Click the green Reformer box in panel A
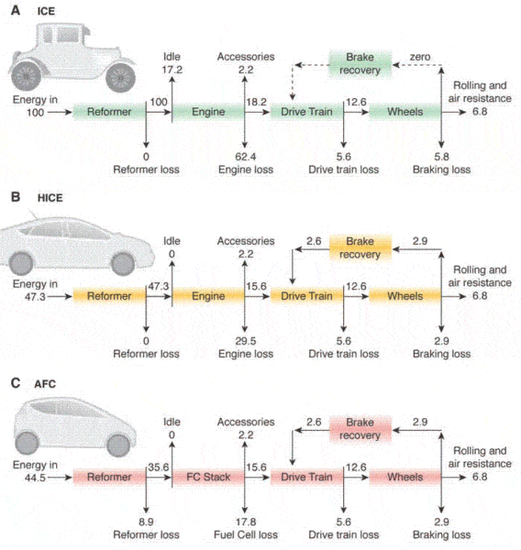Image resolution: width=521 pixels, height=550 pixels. (x=109, y=112)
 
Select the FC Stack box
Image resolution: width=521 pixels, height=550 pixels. (x=208, y=477)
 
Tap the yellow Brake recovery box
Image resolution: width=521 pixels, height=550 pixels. (x=360, y=247)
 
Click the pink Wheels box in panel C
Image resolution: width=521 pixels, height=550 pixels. (x=405, y=477)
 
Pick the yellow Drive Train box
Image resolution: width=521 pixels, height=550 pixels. (x=306, y=296)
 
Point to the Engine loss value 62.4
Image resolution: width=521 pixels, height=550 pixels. (x=246, y=157)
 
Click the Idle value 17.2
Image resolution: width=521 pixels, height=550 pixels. (x=172, y=70)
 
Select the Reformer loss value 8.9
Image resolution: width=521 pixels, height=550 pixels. (x=146, y=522)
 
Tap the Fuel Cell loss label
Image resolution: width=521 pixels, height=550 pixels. (x=246, y=534)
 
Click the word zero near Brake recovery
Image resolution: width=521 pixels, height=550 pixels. (x=420, y=57)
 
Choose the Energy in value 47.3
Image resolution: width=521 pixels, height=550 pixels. (x=35, y=297)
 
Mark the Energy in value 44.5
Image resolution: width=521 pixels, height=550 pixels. (x=35, y=478)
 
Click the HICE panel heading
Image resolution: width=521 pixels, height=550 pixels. (x=50, y=198)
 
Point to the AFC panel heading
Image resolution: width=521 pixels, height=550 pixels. (x=45, y=384)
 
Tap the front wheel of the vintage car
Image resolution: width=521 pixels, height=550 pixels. (x=120, y=78)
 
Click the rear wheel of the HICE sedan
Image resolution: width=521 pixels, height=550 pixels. (x=21, y=263)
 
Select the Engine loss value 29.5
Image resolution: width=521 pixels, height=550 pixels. (x=246, y=341)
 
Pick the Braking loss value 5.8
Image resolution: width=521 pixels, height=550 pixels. (x=441, y=157)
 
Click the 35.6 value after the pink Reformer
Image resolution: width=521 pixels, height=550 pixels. (x=159, y=467)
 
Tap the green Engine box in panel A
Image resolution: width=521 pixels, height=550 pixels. (x=208, y=112)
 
